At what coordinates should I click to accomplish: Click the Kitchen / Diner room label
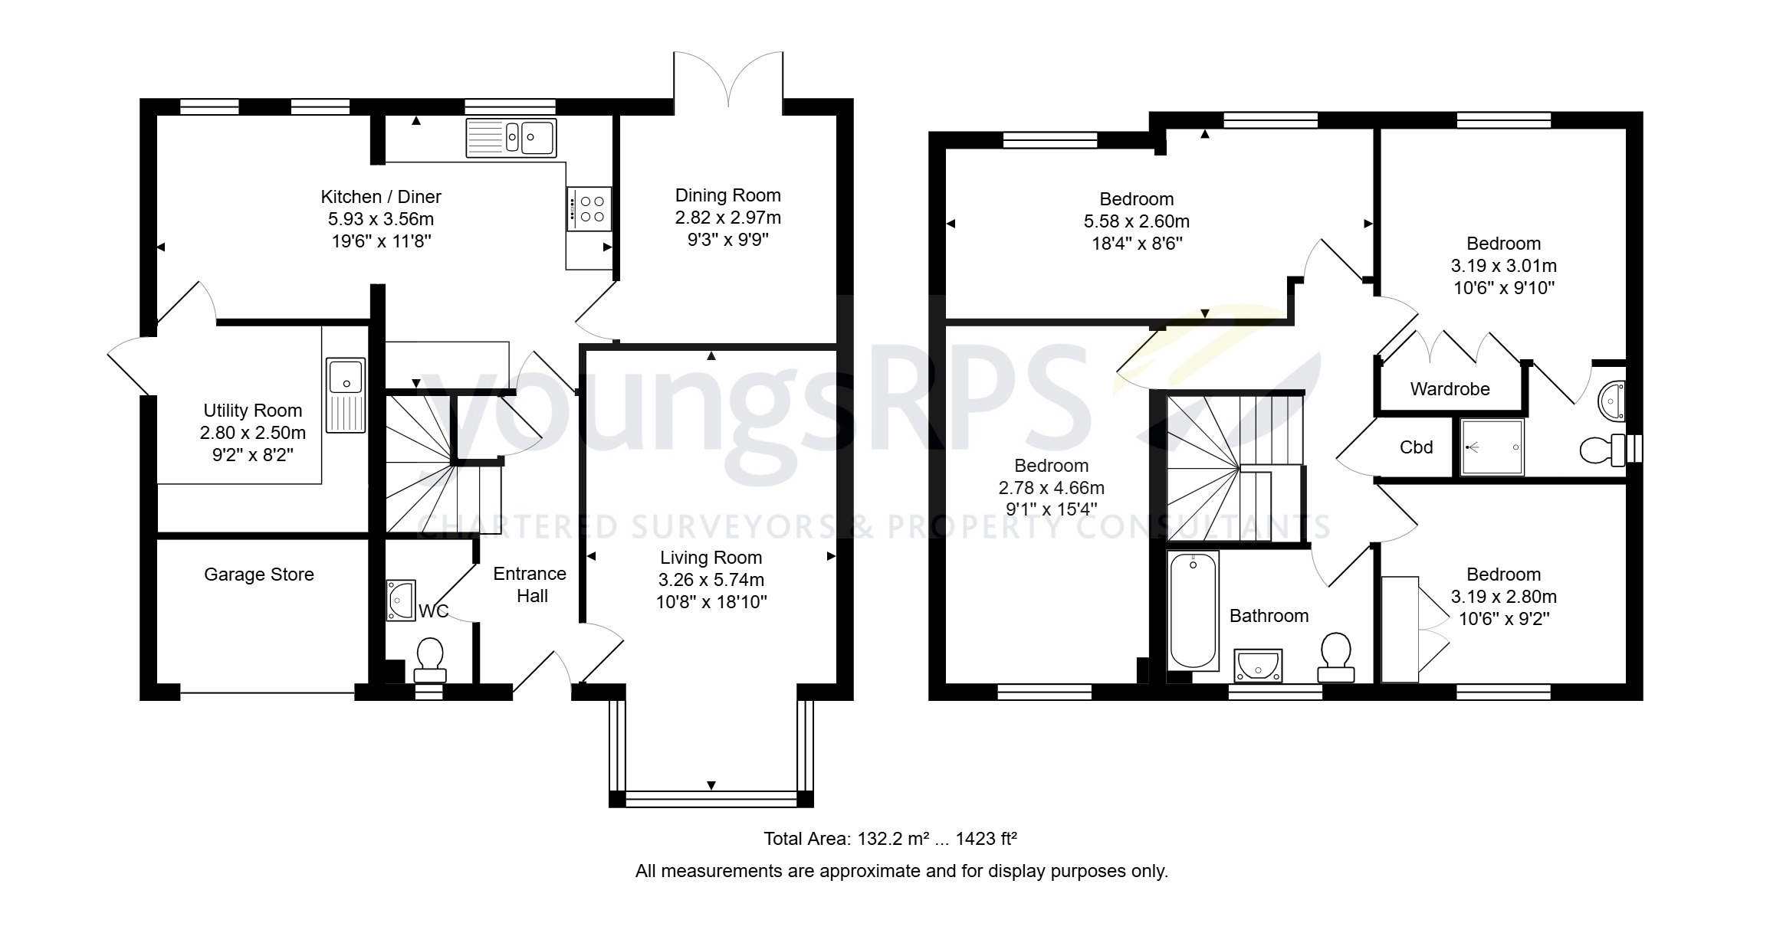coord(380,197)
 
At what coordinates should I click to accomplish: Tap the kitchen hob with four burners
coord(589,208)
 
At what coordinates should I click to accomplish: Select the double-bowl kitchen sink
coord(511,139)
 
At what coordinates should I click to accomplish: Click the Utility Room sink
coord(346,394)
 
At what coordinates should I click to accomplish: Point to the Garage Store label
coord(259,575)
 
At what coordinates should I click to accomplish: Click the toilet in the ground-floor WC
coord(430,659)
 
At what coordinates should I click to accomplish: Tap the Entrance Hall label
coord(530,584)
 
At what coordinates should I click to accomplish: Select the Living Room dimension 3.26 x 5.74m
coord(711,580)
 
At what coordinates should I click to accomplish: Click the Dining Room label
coord(727,195)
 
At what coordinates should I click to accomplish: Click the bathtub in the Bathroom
coord(1193,611)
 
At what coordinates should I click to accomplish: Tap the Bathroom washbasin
coord(1258,665)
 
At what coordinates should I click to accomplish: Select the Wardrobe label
coord(1450,389)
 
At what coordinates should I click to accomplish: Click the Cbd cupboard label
coord(1416,447)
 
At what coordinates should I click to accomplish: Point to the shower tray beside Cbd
coord(1492,447)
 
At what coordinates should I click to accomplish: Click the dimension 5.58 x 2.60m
coord(1136,221)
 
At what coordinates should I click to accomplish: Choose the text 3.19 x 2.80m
coord(1503,597)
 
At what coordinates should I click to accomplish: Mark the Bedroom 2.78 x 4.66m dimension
coord(1051,488)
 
